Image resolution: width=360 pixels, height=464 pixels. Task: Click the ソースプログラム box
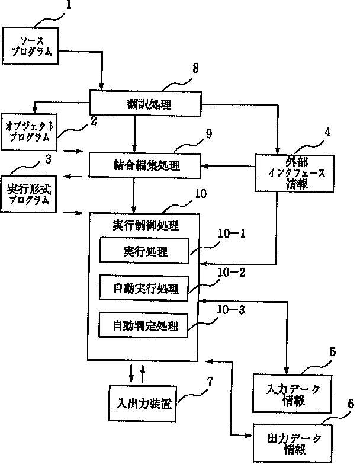30,46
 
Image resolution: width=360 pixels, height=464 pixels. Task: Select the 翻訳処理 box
146,104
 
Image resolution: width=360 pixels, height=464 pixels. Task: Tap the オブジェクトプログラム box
29,132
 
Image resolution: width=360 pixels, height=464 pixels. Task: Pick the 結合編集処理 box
145,165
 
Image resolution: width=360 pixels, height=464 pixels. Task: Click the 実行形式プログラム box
28,194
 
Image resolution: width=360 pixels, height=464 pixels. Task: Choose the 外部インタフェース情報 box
295,174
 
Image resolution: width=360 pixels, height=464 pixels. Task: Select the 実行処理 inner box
144,251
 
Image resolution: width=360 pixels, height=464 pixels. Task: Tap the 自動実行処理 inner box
144,288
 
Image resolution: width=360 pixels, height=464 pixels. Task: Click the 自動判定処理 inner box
144,325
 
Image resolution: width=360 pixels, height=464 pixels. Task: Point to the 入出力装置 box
143,403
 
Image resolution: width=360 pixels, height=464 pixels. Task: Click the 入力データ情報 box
292,393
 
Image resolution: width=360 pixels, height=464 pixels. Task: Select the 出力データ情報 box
293,443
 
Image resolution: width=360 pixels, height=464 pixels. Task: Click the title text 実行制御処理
146,226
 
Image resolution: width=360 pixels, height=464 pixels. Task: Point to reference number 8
195,68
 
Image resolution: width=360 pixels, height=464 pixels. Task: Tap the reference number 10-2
232,273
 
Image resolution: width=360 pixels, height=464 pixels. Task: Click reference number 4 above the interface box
328,132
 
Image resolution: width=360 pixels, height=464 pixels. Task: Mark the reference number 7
210,382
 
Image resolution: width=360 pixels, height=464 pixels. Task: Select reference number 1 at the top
69,5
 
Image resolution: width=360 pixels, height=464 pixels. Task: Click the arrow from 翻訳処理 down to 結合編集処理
134,134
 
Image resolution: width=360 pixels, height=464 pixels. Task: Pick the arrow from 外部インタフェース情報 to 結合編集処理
228,166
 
